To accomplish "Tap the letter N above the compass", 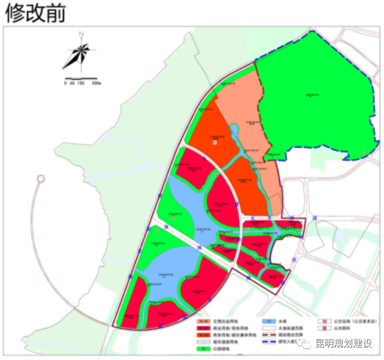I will click(82, 34).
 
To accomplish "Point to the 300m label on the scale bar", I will click(96, 83).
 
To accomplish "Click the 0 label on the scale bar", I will click(65, 83).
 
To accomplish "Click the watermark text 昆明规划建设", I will click(343, 344).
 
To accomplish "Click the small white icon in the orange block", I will click(215, 143).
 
